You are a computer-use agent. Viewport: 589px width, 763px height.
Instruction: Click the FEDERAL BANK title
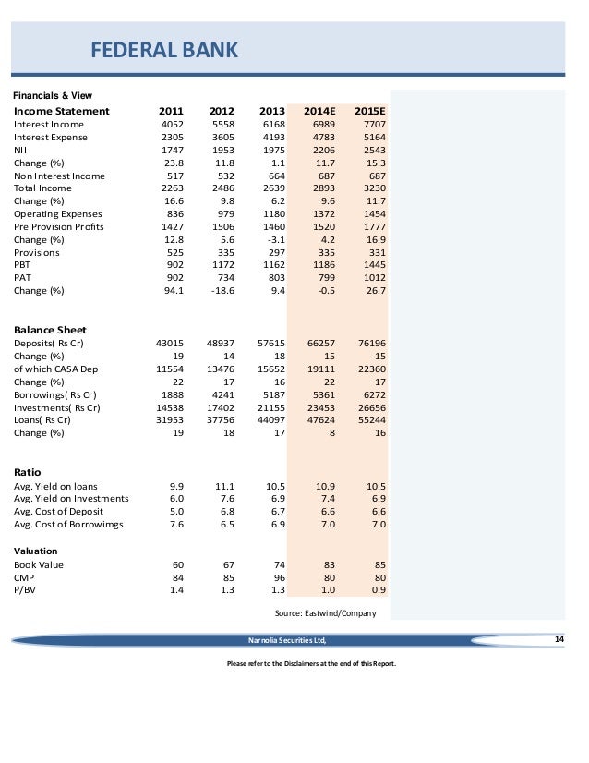[x=163, y=50]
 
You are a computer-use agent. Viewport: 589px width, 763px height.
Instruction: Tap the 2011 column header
[x=173, y=111]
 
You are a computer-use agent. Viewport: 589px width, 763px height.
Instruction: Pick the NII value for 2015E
[x=371, y=150]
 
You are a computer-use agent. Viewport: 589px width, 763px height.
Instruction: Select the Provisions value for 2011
[x=174, y=252]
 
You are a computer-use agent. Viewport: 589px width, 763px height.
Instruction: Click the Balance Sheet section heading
[x=51, y=330]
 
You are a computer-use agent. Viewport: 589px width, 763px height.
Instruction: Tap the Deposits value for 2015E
[x=368, y=343]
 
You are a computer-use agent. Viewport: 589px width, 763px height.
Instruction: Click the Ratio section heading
[x=28, y=471]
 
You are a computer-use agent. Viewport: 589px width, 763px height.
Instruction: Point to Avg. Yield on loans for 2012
[x=226, y=486]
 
